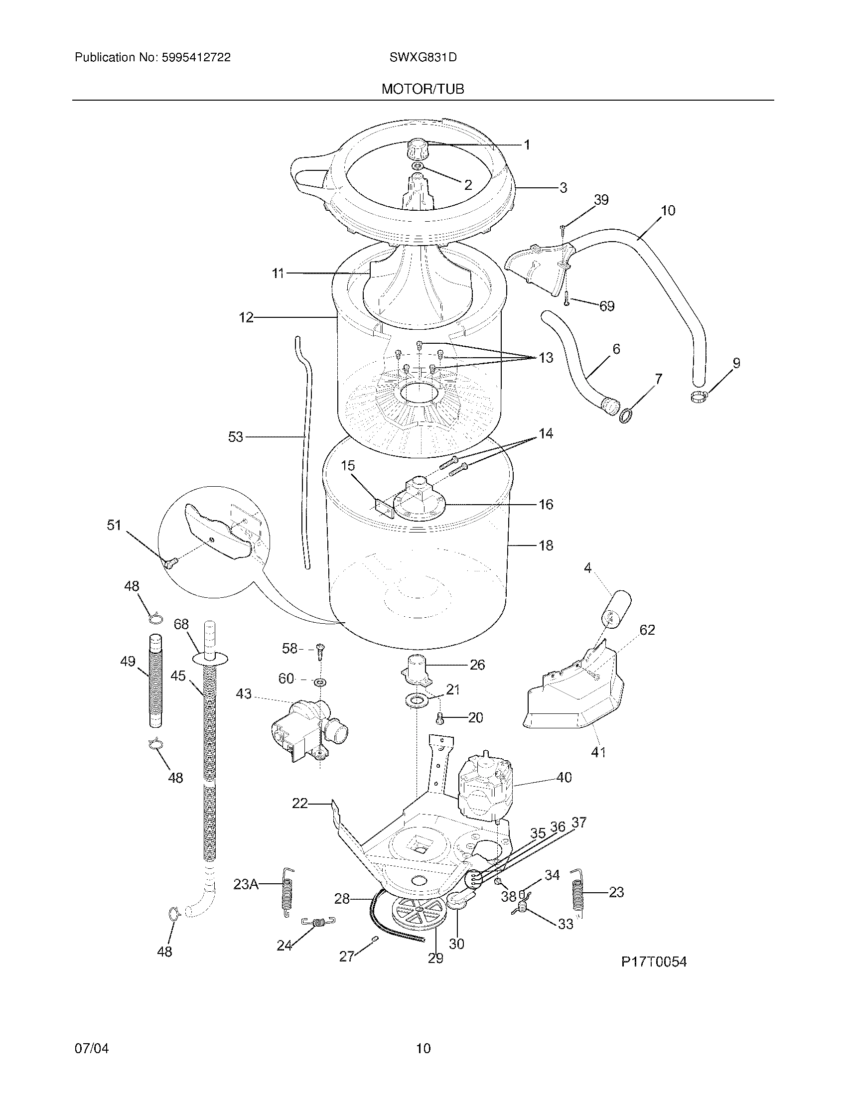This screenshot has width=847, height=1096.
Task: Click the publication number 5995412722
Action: (x=196, y=58)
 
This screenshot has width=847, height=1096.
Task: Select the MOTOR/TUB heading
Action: (x=423, y=89)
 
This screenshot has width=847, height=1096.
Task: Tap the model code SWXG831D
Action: (x=423, y=58)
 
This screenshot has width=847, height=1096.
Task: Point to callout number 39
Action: (x=601, y=200)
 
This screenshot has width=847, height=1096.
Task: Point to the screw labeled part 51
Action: (x=169, y=564)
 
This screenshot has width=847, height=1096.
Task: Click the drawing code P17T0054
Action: (x=653, y=961)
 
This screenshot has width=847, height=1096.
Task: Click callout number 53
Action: (x=235, y=437)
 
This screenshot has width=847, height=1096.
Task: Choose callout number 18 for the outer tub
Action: (x=546, y=545)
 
